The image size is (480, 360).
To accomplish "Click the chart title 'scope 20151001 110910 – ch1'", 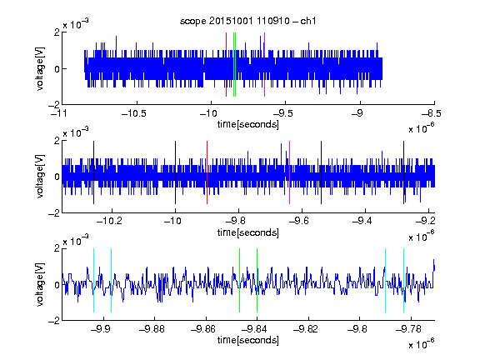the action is (247, 21).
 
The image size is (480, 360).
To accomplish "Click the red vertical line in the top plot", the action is (226, 65).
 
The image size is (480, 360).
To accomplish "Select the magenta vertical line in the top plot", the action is (264, 65).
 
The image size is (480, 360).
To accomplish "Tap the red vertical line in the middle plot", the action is (207, 172).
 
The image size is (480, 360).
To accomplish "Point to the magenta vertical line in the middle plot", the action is (290, 172).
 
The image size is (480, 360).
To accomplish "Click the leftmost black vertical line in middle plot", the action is (93, 172).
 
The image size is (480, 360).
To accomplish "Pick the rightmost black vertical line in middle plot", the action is (403, 172).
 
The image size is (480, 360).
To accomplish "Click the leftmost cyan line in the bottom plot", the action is (93, 280).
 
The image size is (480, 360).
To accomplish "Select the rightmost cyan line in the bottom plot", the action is (404, 280).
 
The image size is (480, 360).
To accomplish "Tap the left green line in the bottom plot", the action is (239, 280).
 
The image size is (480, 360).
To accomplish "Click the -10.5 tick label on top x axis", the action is (134, 113).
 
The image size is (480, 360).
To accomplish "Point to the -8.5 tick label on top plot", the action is (432, 113).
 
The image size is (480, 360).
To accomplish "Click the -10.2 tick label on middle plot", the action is (109, 221).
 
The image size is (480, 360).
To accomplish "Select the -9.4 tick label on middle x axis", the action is (362, 221).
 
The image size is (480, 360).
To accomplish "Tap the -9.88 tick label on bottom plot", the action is (152, 329).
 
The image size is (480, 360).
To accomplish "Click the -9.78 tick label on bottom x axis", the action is (408, 329).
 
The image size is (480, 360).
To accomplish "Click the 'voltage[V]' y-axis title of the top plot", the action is (40, 68).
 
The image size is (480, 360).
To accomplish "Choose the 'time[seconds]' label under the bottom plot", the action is (248, 340).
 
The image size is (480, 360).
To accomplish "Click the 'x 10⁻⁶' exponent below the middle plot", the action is (422, 237).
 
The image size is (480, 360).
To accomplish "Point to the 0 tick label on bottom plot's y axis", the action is (57, 285).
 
